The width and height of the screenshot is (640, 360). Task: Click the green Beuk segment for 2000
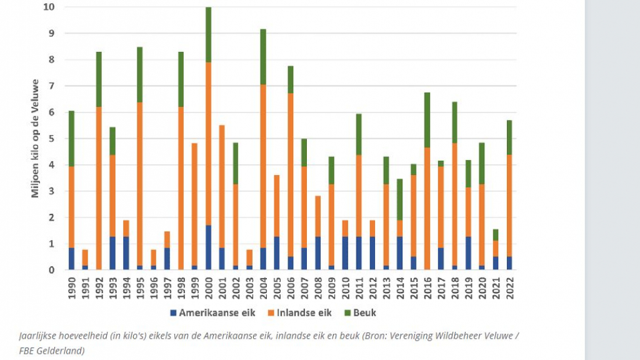tap(208, 34)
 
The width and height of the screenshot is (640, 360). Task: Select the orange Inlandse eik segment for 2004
tap(263, 166)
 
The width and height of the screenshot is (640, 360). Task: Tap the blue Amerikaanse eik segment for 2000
tap(208, 247)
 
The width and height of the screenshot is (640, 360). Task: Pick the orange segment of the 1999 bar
tap(194, 204)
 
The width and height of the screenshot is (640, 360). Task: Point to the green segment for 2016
tap(427, 120)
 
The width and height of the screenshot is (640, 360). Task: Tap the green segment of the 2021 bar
tap(496, 234)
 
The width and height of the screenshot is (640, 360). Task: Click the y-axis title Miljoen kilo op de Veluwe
tap(35, 139)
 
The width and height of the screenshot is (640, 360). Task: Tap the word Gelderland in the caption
tap(62, 350)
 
